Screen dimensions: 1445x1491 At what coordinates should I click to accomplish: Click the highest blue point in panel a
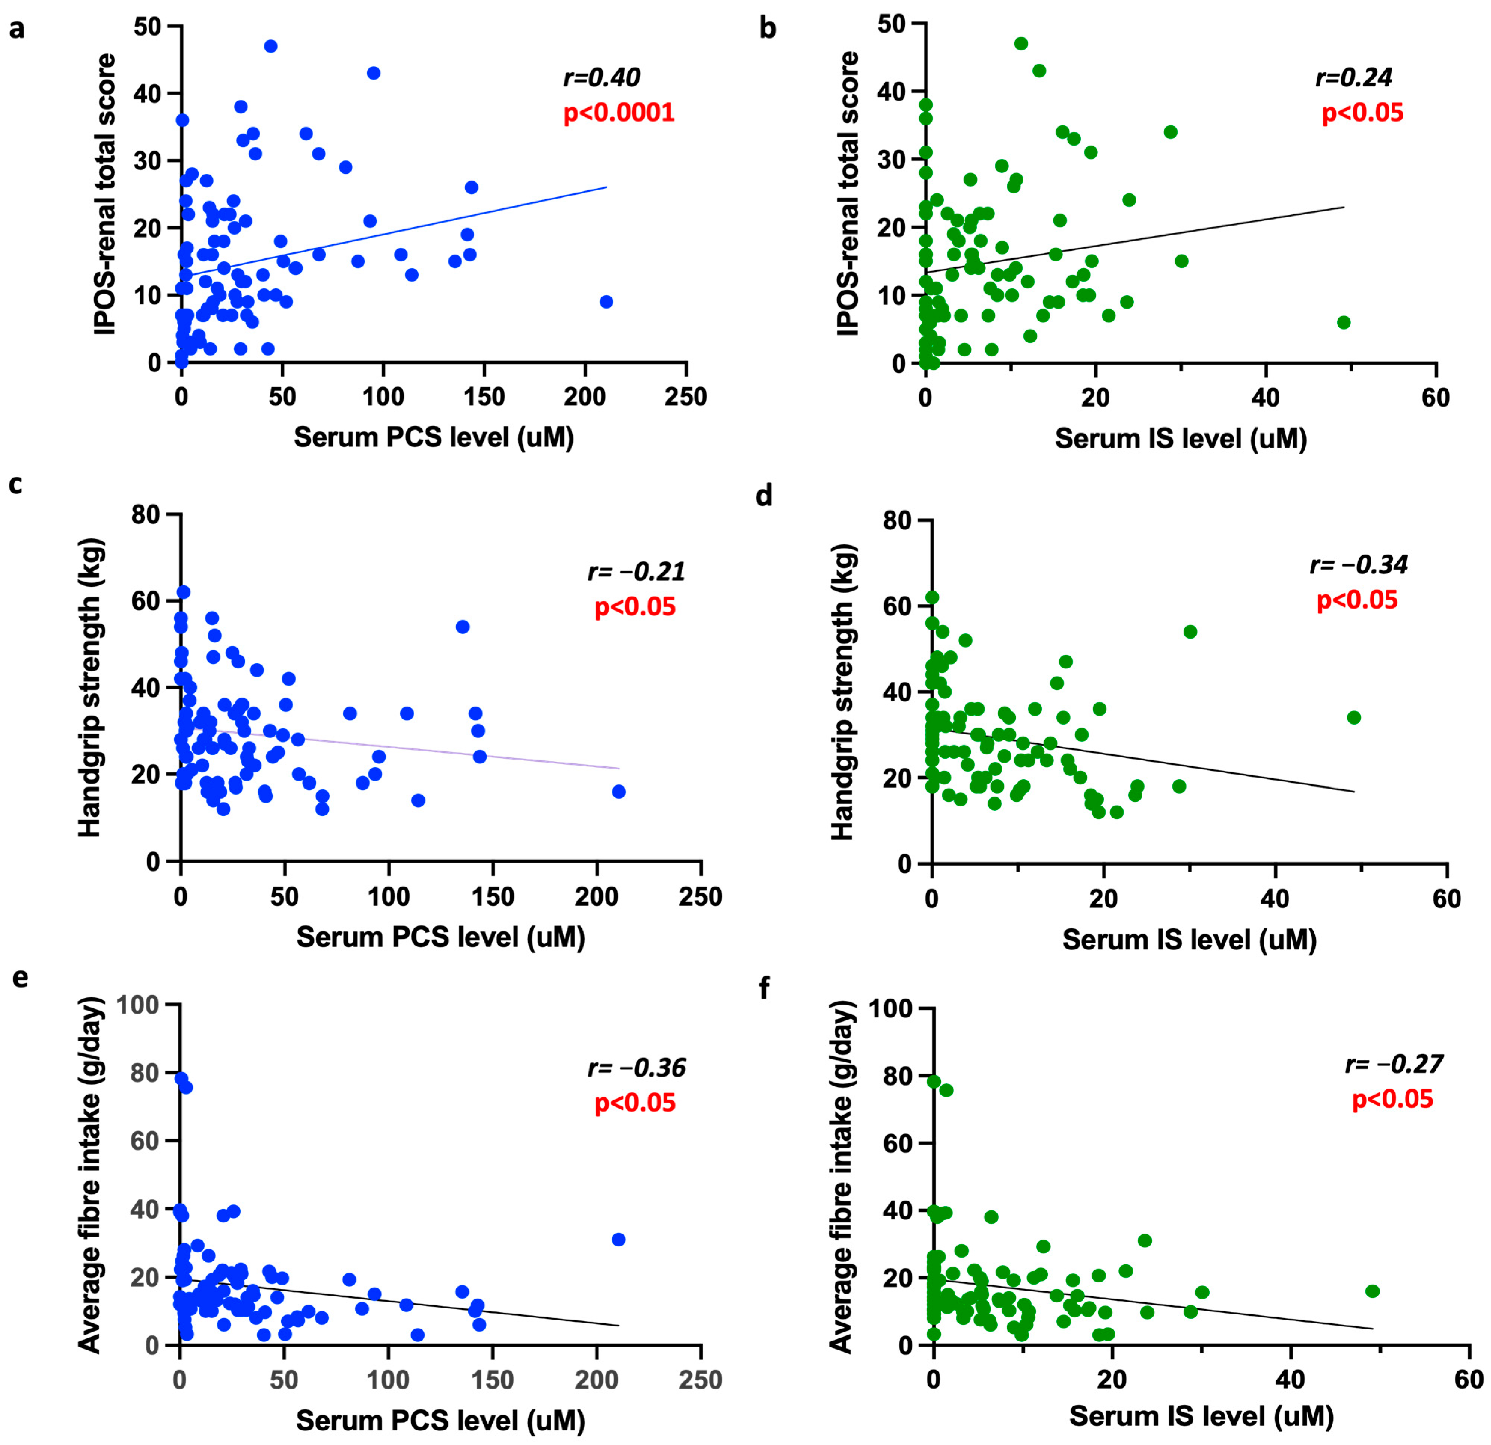pyautogui.click(x=270, y=46)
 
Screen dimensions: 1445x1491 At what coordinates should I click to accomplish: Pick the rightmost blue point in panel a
pyautogui.click(x=606, y=302)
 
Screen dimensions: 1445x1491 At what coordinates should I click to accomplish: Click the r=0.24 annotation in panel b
pyautogui.click(x=1354, y=77)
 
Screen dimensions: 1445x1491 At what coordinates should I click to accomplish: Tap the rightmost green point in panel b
pyautogui.click(x=1344, y=322)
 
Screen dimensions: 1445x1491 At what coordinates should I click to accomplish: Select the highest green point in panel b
pyautogui.click(x=1021, y=43)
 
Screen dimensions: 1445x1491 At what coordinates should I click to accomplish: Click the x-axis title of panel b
pyautogui.click(x=1181, y=439)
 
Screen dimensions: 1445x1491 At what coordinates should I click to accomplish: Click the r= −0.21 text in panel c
pyautogui.click(x=636, y=571)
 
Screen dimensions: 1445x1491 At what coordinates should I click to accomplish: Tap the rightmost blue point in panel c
pyautogui.click(x=618, y=792)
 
